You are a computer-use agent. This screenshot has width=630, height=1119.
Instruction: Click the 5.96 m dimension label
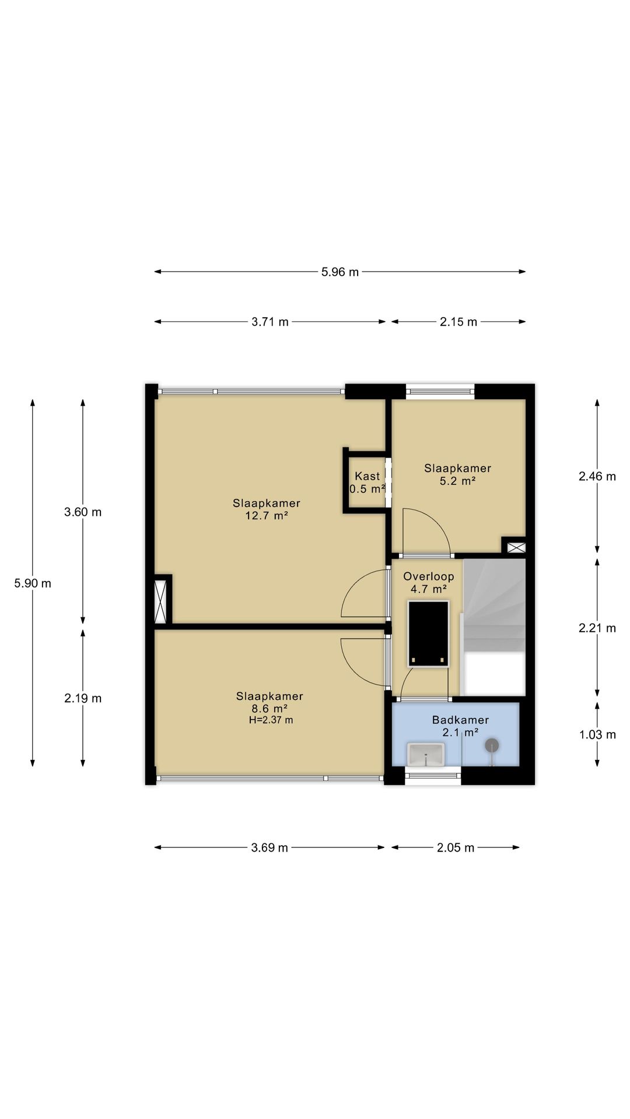[340, 272]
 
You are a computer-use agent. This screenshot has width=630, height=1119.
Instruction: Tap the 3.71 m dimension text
[270, 322]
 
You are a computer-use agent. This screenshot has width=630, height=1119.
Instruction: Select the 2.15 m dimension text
[459, 322]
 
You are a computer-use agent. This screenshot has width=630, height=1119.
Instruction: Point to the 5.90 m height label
[33, 583]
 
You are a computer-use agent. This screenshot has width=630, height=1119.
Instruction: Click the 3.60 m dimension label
[83, 512]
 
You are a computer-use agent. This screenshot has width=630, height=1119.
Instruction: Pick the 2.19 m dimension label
[83, 698]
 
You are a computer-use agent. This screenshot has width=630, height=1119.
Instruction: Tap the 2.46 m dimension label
[597, 476]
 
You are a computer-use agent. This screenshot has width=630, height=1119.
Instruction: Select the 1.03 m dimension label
[597, 734]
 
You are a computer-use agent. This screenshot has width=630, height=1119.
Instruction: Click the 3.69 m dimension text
[269, 847]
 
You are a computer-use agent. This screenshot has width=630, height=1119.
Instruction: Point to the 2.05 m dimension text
[456, 847]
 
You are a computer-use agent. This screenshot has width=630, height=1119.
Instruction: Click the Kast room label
[367, 476]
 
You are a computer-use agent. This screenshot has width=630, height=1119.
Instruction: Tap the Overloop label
[429, 576]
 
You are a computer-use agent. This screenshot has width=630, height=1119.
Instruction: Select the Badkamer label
[460, 720]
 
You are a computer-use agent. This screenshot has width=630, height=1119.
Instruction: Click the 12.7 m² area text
[267, 516]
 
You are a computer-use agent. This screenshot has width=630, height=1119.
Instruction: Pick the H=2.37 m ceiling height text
[271, 720]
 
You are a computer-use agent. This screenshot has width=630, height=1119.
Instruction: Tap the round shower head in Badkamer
[492, 745]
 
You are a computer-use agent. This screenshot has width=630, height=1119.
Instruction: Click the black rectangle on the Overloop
[428, 633]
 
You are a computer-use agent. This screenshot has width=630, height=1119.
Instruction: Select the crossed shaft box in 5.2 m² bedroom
[516, 547]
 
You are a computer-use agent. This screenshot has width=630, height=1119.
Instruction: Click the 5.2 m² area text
[457, 481]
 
